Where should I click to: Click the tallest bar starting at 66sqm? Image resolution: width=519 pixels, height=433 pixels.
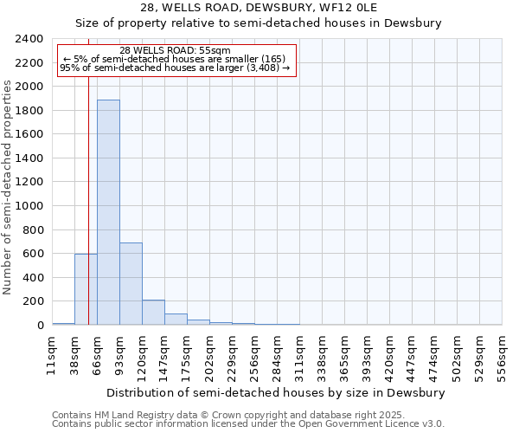tap(108, 212)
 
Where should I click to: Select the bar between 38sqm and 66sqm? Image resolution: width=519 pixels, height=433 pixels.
tap(86, 289)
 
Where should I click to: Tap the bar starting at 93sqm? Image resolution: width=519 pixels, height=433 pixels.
tap(131, 284)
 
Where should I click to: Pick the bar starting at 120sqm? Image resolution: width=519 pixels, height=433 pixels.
tap(153, 313)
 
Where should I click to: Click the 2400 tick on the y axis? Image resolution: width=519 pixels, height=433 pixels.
tap(29, 39)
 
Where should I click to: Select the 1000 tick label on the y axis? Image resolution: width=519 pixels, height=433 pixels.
tap(29, 206)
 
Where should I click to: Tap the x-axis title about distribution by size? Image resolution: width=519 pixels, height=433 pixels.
tap(277, 392)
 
